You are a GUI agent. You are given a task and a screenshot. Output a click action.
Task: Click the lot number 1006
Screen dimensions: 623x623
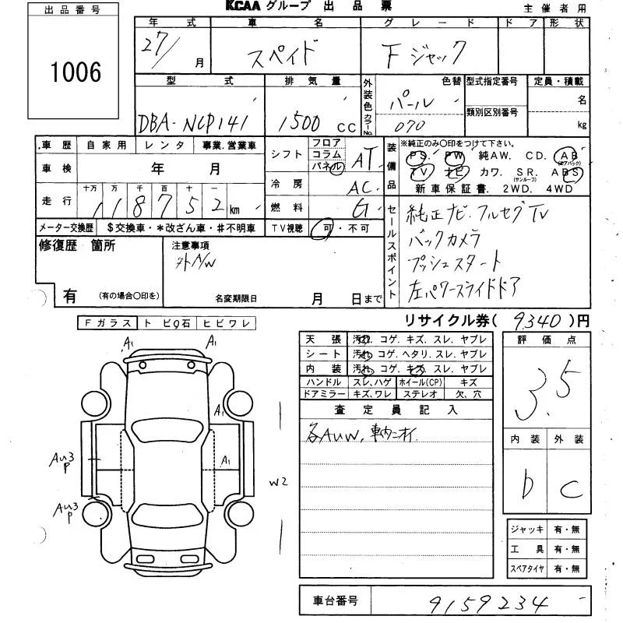pyautogui.click(x=76, y=72)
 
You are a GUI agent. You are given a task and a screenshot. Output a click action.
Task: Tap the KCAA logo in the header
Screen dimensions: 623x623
pyautogui.click(x=245, y=7)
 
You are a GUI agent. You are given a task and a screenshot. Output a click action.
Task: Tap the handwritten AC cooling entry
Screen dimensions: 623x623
pyautogui.click(x=363, y=187)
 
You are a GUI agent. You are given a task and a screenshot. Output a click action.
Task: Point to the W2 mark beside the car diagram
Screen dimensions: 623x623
pyautogui.click(x=280, y=482)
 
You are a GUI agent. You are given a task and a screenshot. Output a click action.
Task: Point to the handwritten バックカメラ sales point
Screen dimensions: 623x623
pyautogui.click(x=445, y=239)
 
